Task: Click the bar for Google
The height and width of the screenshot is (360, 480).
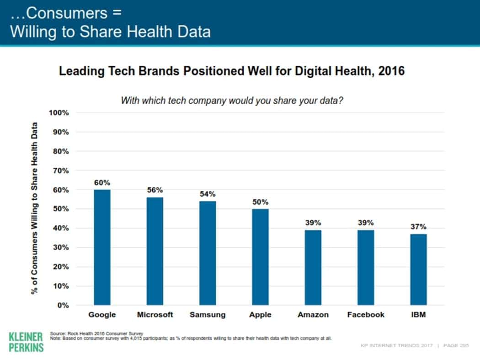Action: [x=102, y=247]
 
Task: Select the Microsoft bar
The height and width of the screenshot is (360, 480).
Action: [x=155, y=251]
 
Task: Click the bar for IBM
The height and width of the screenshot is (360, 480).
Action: [x=418, y=269]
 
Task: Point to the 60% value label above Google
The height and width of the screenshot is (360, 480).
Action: [x=102, y=183]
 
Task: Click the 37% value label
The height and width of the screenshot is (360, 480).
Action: [x=418, y=227]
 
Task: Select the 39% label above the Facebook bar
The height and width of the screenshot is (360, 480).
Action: [x=366, y=223]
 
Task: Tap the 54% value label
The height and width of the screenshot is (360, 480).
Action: [x=208, y=194]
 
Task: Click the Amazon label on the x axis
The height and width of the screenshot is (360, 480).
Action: [x=313, y=315]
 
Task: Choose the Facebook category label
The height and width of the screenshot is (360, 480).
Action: [x=366, y=315]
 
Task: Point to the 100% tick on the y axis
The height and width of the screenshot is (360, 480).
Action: [x=59, y=113]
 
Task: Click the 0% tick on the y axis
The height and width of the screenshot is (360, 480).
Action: [x=62, y=305]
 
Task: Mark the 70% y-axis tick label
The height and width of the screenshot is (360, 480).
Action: [x=60, y=170]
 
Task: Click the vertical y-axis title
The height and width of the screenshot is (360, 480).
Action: [x=35, y=208]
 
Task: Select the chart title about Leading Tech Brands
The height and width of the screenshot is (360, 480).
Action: [x=232, y=72]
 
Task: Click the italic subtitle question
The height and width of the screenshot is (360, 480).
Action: [x=232, y=101]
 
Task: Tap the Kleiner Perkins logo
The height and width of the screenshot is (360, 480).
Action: [x=26, y=342]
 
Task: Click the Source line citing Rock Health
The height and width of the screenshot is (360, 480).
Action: [x=96, y=334]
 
